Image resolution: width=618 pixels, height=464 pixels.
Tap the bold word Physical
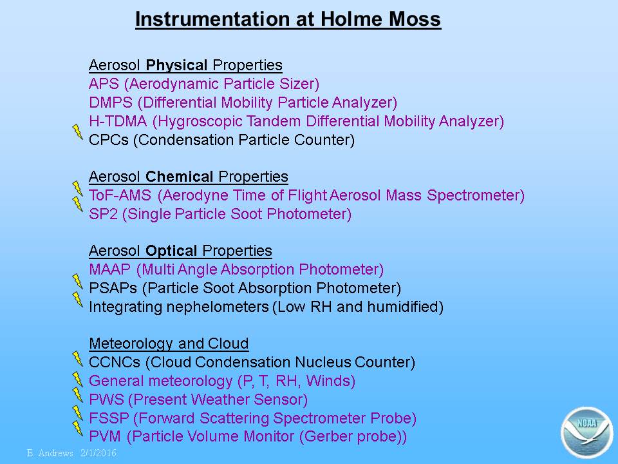coord(176,65)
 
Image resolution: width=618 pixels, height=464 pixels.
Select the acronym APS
coord(104,84)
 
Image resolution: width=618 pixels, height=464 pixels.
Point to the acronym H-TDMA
coord(118,121)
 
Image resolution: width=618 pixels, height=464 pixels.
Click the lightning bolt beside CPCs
coord(78,131)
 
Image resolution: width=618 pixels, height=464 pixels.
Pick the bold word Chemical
coord(180,177)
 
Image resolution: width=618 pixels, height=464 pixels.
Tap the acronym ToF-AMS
coord(120,195)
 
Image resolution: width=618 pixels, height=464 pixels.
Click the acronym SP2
coord(103,214)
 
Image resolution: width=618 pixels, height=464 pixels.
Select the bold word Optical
coord(171,251)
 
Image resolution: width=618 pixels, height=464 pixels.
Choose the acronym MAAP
coord(110,269)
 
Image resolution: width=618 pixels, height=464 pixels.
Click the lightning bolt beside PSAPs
coord(78,282)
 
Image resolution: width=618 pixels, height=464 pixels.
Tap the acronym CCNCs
coord(115,362)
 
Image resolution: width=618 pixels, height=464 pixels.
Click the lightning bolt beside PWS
coord(78,394)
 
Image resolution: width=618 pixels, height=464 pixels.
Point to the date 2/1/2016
coord(98,453)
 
